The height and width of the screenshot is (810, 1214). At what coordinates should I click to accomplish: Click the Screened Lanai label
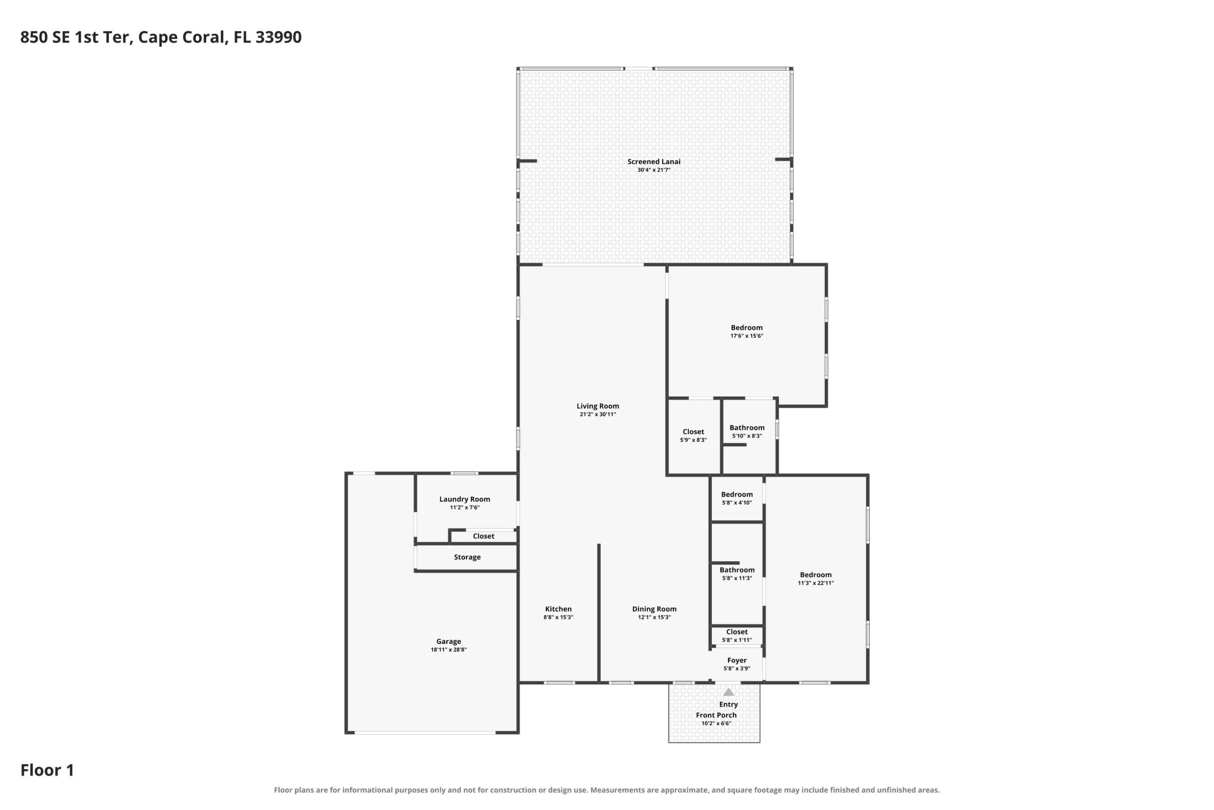point(654,162)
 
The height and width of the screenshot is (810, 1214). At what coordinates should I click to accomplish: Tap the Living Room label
point(598,406)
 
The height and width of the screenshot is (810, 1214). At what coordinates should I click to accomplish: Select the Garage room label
point(448,642)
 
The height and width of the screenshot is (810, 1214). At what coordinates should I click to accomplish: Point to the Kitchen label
point(558,609)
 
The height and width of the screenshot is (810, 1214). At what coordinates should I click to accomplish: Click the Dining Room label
point(654,609)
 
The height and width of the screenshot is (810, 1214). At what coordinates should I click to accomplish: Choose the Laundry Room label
point(464,499)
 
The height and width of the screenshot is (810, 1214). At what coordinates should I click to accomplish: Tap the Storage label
point(467,557)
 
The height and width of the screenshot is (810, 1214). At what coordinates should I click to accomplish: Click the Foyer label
point(736,660)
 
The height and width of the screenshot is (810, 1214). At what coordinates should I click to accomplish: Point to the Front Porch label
point(716,715)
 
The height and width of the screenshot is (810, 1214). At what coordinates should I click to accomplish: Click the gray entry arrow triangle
point(728,692)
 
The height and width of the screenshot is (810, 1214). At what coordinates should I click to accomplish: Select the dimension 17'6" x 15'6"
point(747,336)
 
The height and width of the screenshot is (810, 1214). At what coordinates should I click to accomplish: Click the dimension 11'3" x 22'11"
point(816,583)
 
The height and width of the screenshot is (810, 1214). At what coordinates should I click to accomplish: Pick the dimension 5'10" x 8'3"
point(747,436)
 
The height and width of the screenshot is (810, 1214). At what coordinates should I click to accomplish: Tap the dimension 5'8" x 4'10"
point(736,503)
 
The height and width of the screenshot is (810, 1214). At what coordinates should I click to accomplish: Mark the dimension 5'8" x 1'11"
point(736,640)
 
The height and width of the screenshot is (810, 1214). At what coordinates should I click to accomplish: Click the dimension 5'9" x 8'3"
point(693,440)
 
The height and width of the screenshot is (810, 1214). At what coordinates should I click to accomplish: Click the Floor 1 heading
point(47,770)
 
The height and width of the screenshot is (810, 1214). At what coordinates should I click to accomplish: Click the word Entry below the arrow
point(728,704)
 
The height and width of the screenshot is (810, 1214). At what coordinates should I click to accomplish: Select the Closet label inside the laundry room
point(483,536)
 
